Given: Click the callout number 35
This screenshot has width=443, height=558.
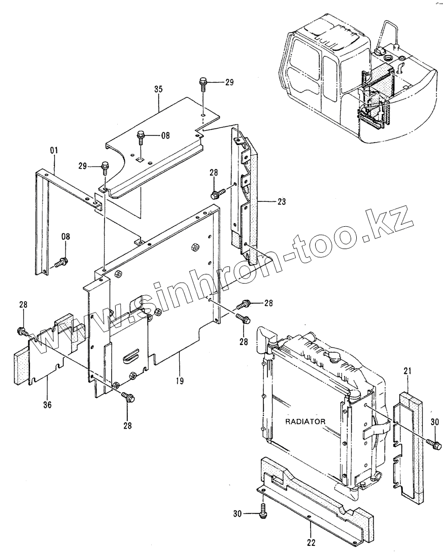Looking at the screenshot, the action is click(x=158, y=89).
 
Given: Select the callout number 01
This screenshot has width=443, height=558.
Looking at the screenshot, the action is click(x=54, y=150).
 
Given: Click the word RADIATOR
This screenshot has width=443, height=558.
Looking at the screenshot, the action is click(x=305, y=421).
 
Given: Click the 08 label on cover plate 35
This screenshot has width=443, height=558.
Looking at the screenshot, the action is click(x=165, y=135).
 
